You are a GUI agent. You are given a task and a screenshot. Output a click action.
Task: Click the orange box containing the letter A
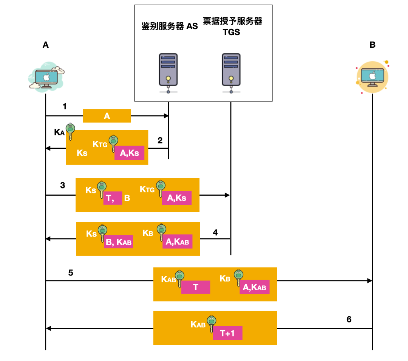[107, 116]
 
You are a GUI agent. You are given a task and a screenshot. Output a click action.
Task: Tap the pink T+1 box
[227, 333]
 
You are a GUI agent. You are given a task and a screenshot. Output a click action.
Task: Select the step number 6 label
[349, 319]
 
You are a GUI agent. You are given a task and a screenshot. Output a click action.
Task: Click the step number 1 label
[65, 107]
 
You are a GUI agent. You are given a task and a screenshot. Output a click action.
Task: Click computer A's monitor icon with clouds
[46, 76]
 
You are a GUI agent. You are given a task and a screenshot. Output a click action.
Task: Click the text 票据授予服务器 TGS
[232, 26]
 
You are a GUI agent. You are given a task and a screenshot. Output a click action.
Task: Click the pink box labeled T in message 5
[196, 287]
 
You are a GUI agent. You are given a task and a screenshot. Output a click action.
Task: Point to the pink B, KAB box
[119, 242]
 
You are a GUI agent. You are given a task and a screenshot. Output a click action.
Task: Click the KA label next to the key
[60, 132]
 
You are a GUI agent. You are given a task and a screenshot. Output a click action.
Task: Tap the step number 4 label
[215, 232]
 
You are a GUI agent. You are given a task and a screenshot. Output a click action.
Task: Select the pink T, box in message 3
[113, 198]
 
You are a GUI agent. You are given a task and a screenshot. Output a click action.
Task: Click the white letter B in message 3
[127, 198]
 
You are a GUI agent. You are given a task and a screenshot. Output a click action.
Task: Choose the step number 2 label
[160, 140]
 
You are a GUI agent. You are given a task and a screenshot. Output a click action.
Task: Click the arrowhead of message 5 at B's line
[370, 280]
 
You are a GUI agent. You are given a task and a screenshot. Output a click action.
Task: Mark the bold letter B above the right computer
[372, 45]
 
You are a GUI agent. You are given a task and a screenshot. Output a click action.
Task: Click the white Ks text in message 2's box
[82, 153]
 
